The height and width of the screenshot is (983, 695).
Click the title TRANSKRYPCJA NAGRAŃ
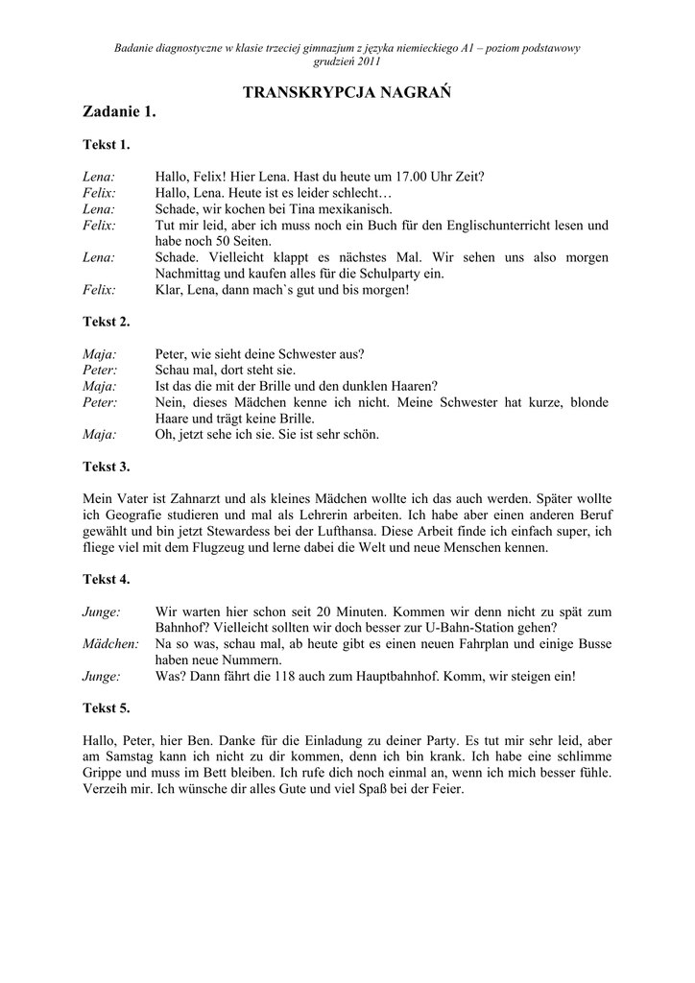tap(347, 92)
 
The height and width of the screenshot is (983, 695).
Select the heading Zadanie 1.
tap(120, 113)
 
